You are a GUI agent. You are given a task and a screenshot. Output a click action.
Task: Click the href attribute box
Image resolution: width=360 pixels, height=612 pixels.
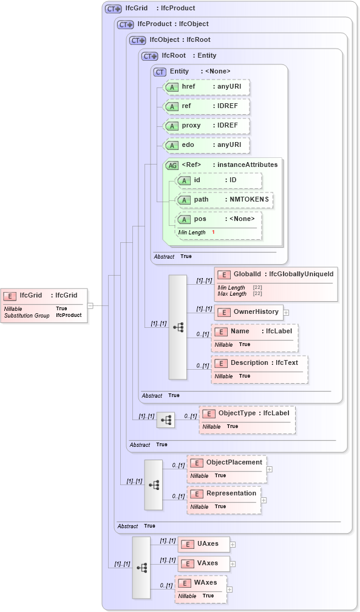[206, 87]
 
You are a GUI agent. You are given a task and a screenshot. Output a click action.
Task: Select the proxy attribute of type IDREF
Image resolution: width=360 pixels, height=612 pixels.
[206, 126]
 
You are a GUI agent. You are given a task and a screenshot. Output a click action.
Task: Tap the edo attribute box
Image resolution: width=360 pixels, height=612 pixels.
[206, 145]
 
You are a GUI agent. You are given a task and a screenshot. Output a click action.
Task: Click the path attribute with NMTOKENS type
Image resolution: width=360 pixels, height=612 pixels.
[223, 200]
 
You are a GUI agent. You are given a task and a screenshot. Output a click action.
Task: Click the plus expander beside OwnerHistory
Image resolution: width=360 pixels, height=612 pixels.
[286, 312]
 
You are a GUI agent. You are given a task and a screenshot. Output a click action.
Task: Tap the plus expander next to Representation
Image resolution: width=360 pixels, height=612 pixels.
[264, 500]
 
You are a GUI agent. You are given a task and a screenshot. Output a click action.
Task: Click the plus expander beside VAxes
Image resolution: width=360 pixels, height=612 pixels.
[233, 564]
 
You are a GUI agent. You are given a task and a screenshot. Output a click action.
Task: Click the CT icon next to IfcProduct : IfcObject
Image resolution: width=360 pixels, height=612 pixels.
[125, 24]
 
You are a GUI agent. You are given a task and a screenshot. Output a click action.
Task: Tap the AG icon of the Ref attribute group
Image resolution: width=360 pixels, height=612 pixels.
[172, 165]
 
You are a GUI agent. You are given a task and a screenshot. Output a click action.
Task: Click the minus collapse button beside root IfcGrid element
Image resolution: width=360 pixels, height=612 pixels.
[90, 305]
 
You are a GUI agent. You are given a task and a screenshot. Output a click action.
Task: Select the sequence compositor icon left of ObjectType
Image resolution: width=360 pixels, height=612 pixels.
[166, 420]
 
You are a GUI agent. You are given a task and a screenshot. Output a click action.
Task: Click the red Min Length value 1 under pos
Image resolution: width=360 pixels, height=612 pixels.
[213, 232]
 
